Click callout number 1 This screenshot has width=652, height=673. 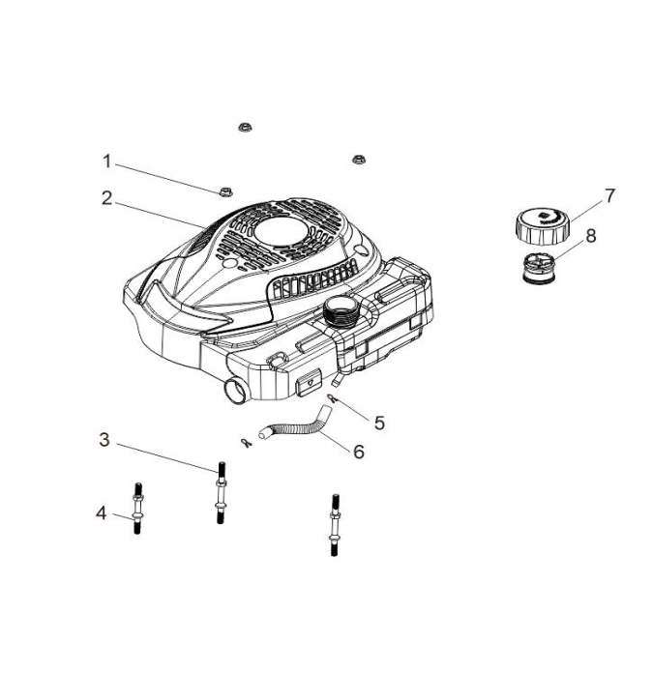coord(107,161)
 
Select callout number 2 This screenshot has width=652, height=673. coord(107,198)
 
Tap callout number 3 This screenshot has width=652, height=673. coord(104,440)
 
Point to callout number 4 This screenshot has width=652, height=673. coord(101,512)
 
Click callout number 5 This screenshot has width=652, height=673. coord(379,423)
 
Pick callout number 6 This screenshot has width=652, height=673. coord(359,452)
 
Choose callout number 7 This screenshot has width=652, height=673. coord(609,195)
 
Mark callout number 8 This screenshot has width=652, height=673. coord(591,236)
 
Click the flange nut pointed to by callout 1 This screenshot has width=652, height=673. coord(225,191)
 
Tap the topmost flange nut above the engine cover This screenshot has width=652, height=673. coord(245,127)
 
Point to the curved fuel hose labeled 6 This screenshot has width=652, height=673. coord(296,424)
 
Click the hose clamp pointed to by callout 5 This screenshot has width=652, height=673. coord(332,397)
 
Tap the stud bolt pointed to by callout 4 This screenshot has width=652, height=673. coord(137,509)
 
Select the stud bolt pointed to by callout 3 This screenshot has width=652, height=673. coord(220,493)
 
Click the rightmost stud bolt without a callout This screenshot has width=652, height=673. coord(335,525)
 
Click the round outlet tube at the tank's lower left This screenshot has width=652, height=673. coord(234,391)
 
